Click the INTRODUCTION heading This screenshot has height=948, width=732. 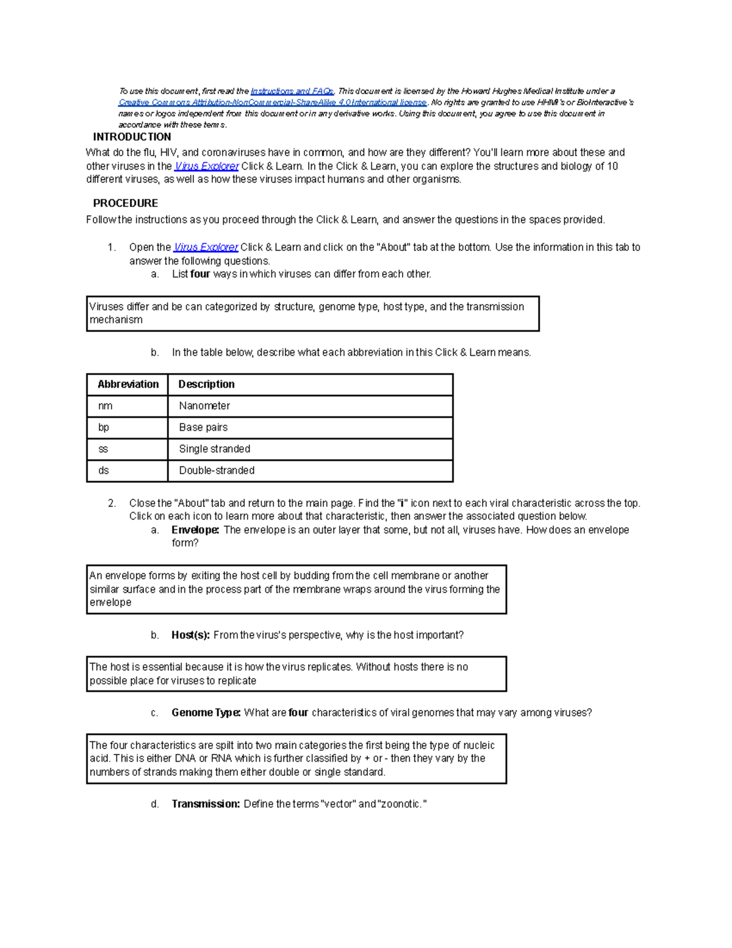(132, 137)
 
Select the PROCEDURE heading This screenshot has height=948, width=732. (125, 203)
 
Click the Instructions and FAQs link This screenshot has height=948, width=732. (292, 91)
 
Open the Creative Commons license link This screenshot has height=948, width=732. (272, 103)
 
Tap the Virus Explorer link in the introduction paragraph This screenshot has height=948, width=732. (206, 166)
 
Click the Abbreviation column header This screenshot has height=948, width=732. (128, 385)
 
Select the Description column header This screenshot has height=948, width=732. (206, 385)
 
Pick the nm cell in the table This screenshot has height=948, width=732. (105, 406)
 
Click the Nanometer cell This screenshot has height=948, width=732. (204, 406)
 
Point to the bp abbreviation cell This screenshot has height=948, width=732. (104, 427)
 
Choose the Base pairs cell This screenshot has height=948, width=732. (203, 427)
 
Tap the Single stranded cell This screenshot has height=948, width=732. (214, 449)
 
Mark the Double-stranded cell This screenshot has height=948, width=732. (217, 471)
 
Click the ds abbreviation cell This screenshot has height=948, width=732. (104, 471)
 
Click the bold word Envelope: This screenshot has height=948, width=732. (195, 530)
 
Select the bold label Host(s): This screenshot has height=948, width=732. (190, 635)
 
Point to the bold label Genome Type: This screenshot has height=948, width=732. (206, 713)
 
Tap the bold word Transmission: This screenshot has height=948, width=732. (206, 804)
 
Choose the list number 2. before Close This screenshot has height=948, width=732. (112, 504)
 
